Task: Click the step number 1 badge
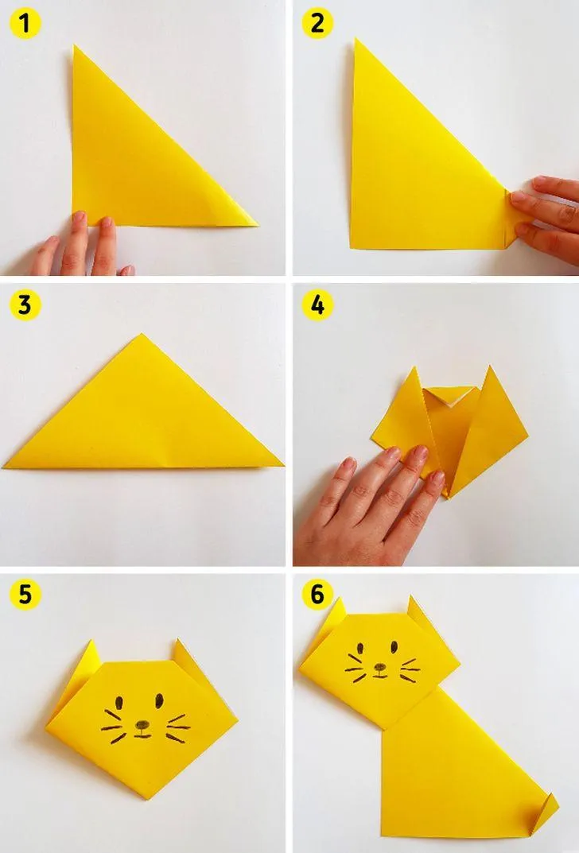pyautogui.click(x=25, y=24)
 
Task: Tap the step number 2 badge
pyautogui.click(x=317, y=24)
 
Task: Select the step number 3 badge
pyautogui.click(x=25, y=305)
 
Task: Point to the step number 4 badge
pyautogui.click(x=317, y=305)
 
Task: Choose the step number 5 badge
pyautogui.click(x=25, y=594)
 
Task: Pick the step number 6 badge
pyautogui.click(x=317, y=594)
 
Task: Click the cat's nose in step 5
pyautogui.click(x=142, y=725)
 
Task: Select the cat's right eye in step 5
pyautogui.click(x=159, y=700)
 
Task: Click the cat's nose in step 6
pyautogui.click(x=380, y=667)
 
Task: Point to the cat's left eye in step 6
pyautogui.click(x=359, y=649)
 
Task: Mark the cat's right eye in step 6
pyautogui.click(x=394, y=646)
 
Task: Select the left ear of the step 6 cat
pyautogui.click(x=330, y=618)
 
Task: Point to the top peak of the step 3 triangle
pyautogui.click(x=142, y=334)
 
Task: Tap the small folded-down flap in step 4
pyautogui.click(x=451, y=395)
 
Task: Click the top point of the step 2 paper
pyautogui.click(x=356, y=39)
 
